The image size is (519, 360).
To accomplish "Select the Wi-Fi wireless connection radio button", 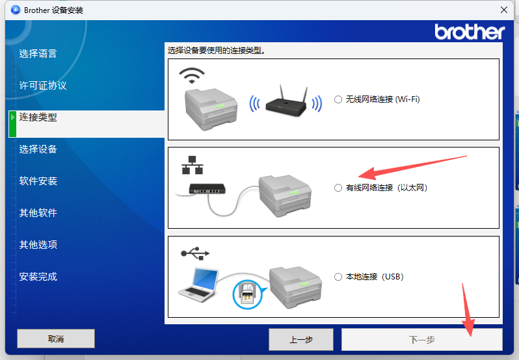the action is [x=338, y=99].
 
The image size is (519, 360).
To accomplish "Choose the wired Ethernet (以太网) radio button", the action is [x=338, y=188].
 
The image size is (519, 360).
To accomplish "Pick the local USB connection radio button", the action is [x=338, y=277].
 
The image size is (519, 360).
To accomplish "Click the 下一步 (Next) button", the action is [x=421, y=339].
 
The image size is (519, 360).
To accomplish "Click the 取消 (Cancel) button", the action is [x=56, y=339].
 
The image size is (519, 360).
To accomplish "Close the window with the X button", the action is [x=504, y=10].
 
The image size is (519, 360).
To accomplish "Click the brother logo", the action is [x=470, y=32].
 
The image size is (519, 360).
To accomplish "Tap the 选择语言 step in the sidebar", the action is [x=38, y=53].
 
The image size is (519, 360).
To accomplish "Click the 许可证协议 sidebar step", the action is [x=43, y=86].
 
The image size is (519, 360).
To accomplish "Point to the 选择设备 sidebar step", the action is [x=38, y=149].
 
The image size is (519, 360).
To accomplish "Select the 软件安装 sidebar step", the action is [x=38, y=181].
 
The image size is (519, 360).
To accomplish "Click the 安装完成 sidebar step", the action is [x=38, y=276].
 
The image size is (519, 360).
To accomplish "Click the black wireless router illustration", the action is [x=286, y=102].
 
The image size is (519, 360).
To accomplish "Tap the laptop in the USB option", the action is [x=198, y=285].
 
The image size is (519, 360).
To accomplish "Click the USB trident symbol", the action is [x=195, y=253].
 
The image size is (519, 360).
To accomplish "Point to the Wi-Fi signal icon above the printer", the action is [x=192, y=75].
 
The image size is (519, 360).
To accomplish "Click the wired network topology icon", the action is [x=193, y=165].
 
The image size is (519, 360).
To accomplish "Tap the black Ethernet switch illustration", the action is [x=207, y=188].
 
